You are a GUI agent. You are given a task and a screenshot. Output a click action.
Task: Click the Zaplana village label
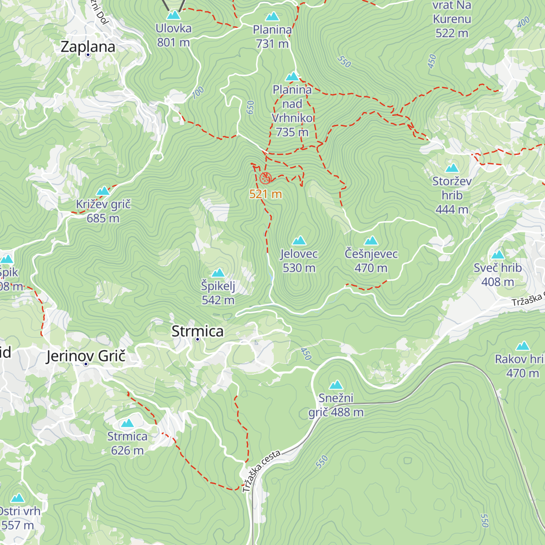click(88, 46)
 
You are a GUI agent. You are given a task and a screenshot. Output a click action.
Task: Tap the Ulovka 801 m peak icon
click(173, 15)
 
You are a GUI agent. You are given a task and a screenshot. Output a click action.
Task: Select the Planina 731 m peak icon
click(272, 17)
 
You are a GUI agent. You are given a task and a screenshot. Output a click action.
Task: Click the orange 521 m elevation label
click(265, 194)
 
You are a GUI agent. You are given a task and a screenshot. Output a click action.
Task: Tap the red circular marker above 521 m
click(266, 178)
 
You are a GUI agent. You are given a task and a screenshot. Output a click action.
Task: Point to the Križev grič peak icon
click(103, 191)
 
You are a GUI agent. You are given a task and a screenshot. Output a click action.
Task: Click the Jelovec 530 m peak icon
click(299, 240)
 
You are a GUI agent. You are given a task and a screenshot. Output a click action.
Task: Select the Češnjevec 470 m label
click(371, 261)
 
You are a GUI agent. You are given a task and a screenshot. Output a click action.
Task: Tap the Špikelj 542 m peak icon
click(218, 272)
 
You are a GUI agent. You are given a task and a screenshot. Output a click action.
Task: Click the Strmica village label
click(198, 331)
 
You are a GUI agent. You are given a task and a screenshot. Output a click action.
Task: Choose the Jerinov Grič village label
click(85, 356)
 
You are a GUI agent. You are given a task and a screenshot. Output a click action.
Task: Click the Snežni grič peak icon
click(336, 385)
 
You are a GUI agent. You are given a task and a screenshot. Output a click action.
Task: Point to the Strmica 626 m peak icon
click(127, 423)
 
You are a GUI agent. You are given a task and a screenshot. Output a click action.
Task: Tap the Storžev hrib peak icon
click(452, 168)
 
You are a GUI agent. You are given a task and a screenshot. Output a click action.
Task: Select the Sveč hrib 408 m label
click(498, 275)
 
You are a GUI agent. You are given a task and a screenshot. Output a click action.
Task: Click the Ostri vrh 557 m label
click(18, 518)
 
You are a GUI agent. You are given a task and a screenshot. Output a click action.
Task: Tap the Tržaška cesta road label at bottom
click(261, 471)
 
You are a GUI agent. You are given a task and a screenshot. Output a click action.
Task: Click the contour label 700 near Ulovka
click(198, 93)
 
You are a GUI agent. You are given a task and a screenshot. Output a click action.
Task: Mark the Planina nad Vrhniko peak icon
click(292, 76)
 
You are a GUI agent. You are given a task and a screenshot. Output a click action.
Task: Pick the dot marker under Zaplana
click(88, 55)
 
